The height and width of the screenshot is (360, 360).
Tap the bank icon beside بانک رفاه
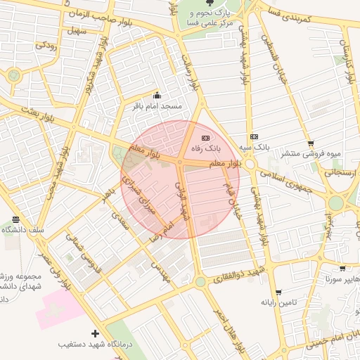tap(205, 138)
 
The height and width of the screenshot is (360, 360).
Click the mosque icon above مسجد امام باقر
tap(156, 96)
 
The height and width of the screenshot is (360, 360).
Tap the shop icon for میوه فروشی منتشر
tap(310, 143)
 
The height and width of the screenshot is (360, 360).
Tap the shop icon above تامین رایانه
tap(278, 292)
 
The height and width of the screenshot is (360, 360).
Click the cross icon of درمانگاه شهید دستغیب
tap(96, 333)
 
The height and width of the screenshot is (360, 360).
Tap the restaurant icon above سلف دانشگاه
tap(16, 219)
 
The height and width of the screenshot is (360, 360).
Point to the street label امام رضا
tap(161, 233)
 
